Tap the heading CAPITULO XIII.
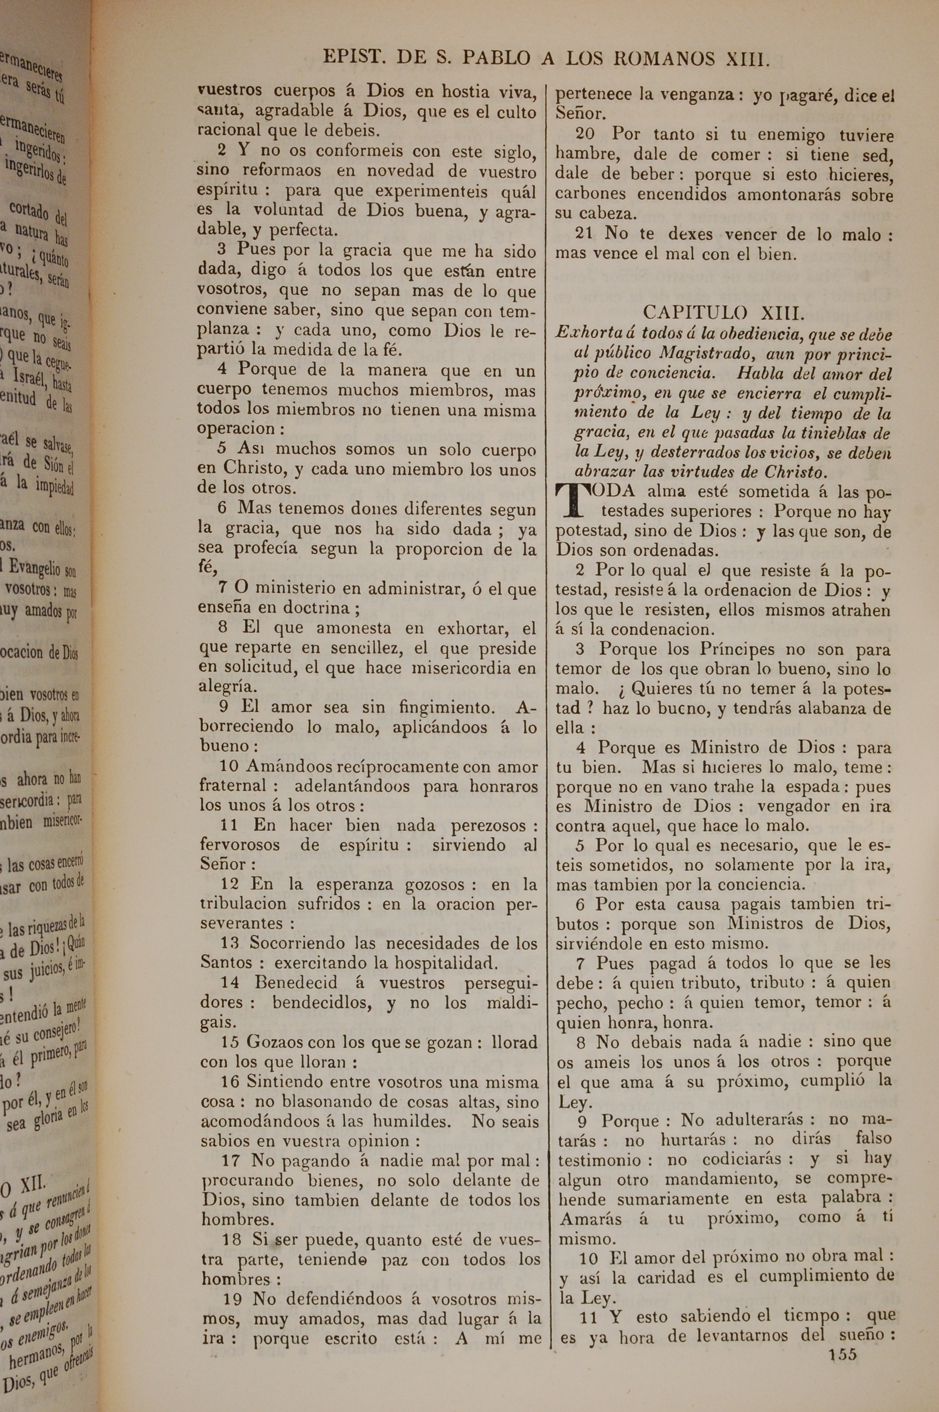coord(723,313)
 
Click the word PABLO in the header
coord(496,58)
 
